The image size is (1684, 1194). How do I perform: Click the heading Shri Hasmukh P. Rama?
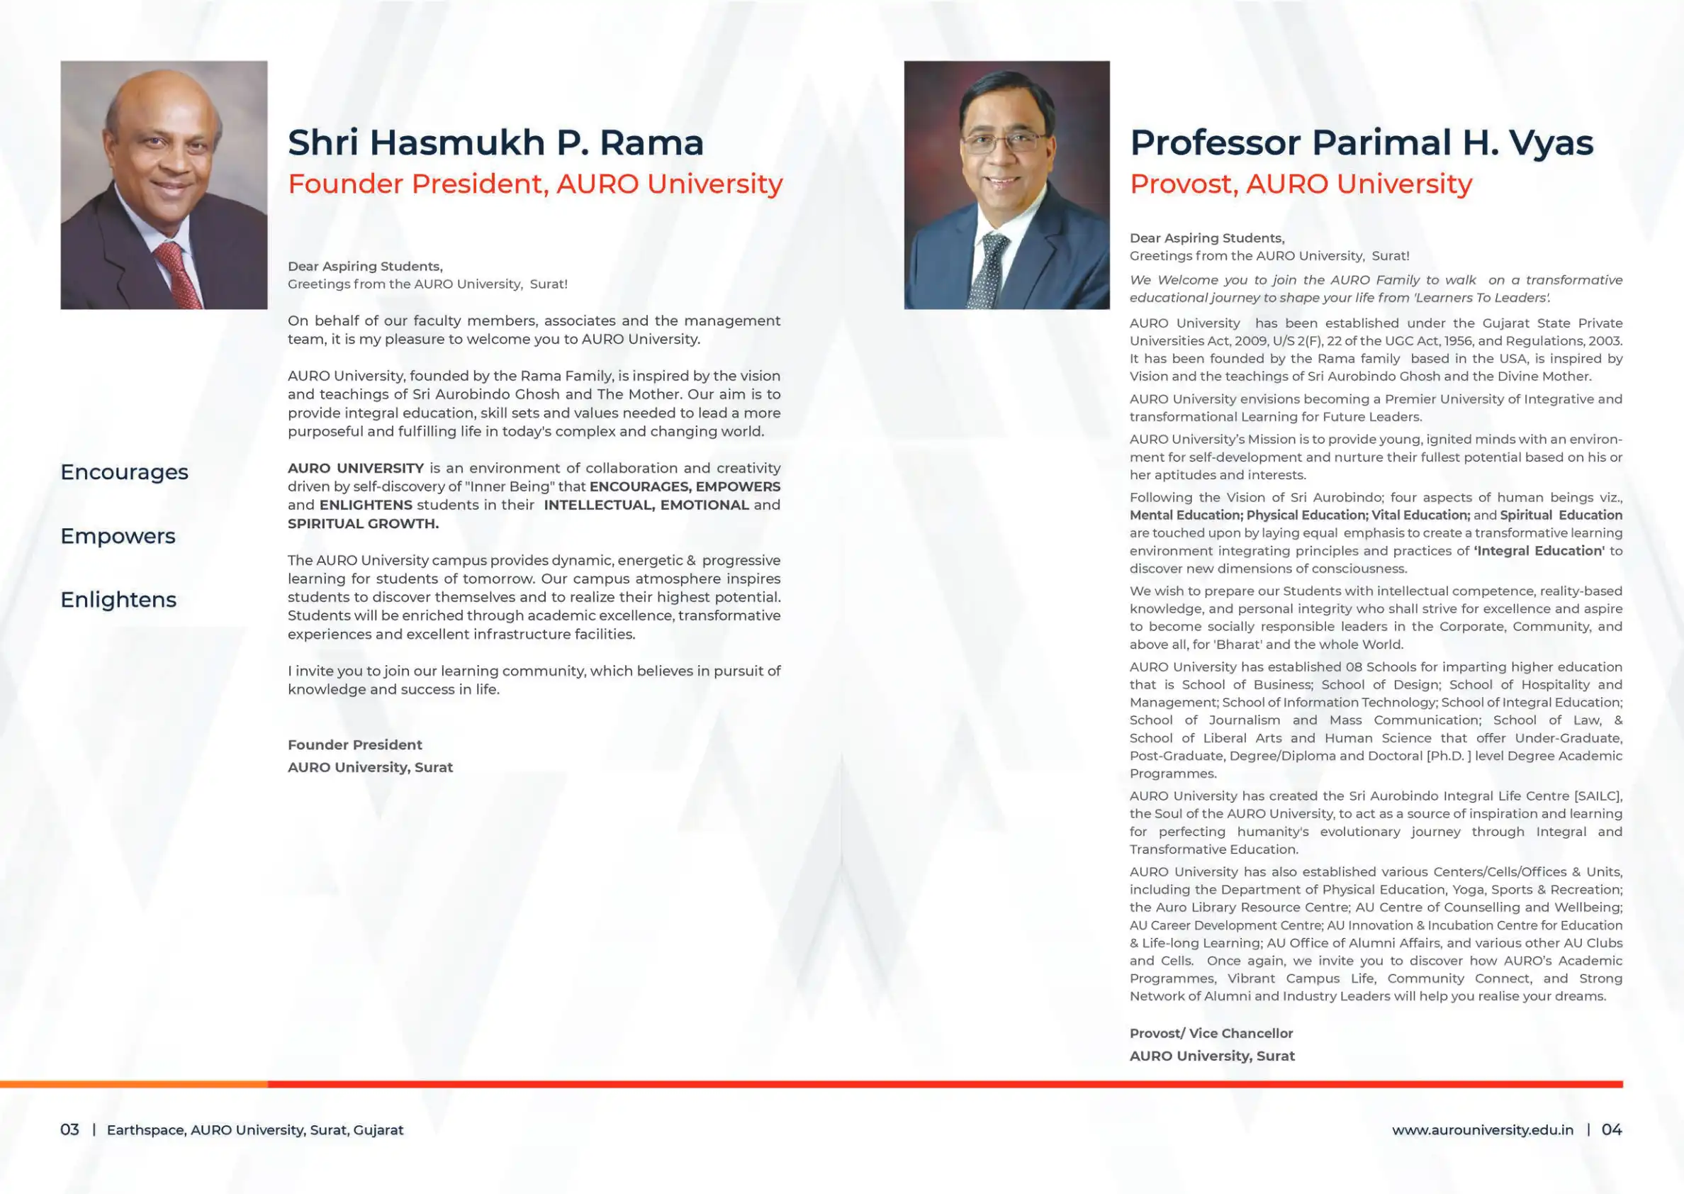click(x=495, y=143)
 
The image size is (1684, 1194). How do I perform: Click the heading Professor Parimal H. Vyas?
click(x=1362, y=143)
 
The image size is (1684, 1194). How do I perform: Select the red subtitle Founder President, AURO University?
click(x=535, y=184)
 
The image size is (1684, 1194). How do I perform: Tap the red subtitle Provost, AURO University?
click(x=1301, y=184)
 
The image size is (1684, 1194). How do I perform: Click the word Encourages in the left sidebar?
click(x=124, y=472)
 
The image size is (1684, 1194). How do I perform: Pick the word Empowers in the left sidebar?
click(x=118, y=536)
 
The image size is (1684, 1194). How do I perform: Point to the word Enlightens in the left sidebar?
click(x=118, y=600)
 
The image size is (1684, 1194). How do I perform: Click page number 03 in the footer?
click(x=69, y=1129)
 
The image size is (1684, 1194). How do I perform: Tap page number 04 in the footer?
click(x=1611, y=1129)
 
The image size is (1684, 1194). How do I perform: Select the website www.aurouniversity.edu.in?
click(x=1482, y=1130)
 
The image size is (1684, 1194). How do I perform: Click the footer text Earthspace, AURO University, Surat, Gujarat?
click(x=255, y=1130)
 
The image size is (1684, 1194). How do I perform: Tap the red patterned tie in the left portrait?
click(x=179, y=276)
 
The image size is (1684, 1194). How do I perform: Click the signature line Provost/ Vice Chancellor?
click(x=1211, y=1033)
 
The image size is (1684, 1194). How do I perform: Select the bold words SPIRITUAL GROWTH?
click(x=363, y=523)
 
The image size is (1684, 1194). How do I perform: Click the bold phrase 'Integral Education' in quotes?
click(x=1539, y=551)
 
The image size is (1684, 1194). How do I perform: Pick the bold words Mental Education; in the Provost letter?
click(x=1186, y=515)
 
